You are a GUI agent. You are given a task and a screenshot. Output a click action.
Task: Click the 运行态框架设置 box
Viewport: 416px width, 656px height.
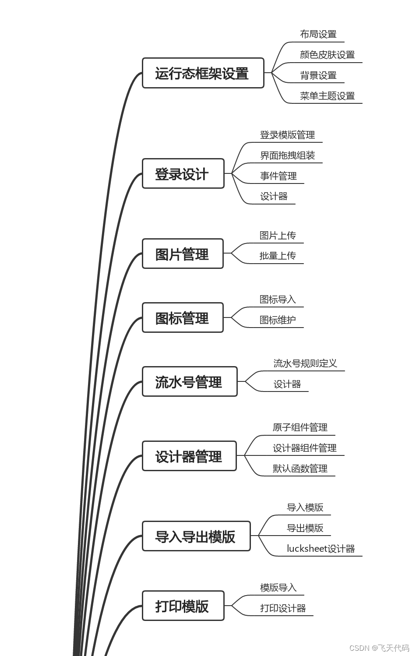point(203,73)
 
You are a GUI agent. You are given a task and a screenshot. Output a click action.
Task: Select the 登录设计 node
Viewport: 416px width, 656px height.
point(183,174)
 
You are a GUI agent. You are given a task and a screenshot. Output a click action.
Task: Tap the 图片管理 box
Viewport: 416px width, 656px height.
point(182,254)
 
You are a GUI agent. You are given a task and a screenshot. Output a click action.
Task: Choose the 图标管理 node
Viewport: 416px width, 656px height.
point(182,318)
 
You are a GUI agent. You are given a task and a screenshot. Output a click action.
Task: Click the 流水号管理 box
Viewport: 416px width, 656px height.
point(189,382)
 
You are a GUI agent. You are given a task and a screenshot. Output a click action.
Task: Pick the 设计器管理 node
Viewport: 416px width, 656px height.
point(189,456)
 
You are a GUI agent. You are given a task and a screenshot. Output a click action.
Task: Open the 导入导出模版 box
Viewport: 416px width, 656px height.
point(196,536)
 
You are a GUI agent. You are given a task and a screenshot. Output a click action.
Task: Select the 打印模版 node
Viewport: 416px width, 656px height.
point(183,606)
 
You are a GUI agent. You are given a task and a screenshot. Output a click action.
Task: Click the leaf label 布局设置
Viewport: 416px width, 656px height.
point(318,34)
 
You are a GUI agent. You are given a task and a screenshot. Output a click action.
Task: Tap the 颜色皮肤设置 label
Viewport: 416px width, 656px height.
point(327,55)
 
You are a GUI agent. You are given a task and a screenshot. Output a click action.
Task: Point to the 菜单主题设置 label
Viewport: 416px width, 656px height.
point(327,96)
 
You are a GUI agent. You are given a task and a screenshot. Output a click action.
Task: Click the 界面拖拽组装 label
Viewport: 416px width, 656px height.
point(287,155)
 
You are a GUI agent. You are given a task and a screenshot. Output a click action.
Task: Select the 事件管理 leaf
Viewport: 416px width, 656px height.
point(278,176)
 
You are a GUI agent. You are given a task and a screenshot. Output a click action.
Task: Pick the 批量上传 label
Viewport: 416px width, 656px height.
point(278,256)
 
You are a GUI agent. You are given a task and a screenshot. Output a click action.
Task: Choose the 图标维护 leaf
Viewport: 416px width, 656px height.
point(278,320)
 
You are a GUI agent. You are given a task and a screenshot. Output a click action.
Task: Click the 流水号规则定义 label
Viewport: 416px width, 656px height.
point(305,363)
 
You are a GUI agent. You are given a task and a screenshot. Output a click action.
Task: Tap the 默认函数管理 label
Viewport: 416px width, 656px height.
point(300,469)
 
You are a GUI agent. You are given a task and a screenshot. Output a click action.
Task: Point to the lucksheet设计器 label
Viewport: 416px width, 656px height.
point(321,549)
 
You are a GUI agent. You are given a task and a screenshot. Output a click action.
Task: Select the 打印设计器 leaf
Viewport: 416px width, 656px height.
point(283,608)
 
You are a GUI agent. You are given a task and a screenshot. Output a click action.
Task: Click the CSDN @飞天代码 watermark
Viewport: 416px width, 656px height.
point(379,648)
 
